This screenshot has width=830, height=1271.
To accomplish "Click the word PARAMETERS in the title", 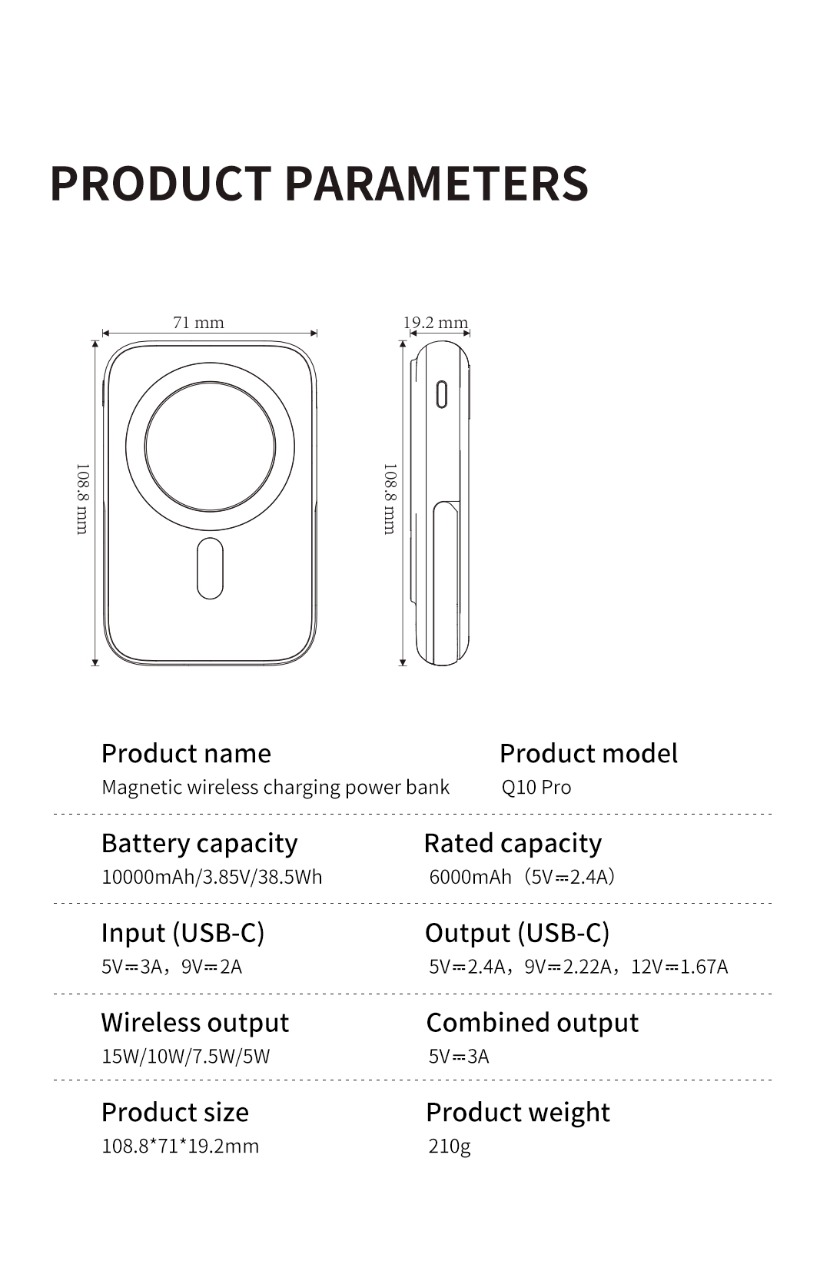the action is [x=437, y=184].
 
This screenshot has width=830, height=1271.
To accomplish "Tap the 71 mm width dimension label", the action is [x=198, y=322].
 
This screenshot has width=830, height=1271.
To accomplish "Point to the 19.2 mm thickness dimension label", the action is [x=436, y=322].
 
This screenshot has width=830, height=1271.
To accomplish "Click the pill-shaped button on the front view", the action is [x=210, y=568].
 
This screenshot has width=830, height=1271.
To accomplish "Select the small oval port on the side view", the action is [x=442, y=394].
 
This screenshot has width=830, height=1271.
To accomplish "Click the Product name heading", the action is [x=186, y=754].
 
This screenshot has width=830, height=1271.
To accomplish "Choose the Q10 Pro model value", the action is [x=536, y=787].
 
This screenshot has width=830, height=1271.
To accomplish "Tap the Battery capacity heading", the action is [x=199, y=844].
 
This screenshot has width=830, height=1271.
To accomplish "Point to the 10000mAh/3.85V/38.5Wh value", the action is [x=211, y=877].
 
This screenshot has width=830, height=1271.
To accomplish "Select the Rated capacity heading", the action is [x=513, y=844].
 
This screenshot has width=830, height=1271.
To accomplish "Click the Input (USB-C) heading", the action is [x=183, y=934].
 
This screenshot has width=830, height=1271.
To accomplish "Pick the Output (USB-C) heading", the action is [x=517, y=934].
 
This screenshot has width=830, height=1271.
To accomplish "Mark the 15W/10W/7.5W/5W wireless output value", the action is [x=185, y=1056].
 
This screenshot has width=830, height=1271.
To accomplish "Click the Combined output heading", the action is [x=532, y=1023].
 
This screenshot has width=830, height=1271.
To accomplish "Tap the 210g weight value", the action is [x=450, y=1147].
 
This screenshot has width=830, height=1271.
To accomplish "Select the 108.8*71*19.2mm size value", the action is [x=180, y=1147].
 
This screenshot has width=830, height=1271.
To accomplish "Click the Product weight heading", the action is [x=518, y=1113].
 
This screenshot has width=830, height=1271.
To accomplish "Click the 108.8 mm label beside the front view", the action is [x=83, y=499].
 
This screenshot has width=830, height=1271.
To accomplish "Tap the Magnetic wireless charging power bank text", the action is [x=275, y=788].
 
